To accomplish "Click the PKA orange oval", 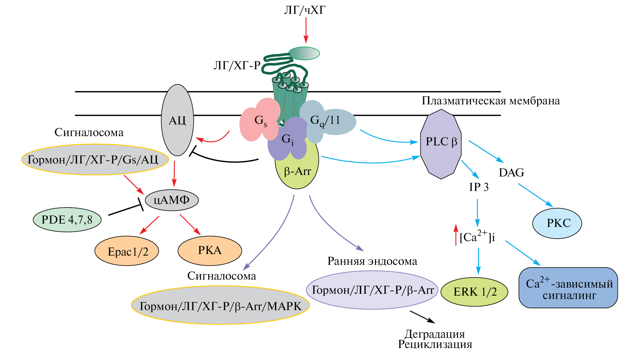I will click(x=210, y=250).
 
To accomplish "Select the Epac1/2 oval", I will click(x=127, y=251).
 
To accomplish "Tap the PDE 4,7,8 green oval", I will click(x=67, y=220).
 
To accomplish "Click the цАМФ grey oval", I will click(x=172, y=200).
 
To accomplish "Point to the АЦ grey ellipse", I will click(x=178, y=120).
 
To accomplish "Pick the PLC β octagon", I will click(x=441, y=144).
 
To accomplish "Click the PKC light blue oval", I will click(x=557, y=223).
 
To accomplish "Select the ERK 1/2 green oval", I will click(x=474, y=292).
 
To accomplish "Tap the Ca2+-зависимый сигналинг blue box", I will click(x=568, y=288).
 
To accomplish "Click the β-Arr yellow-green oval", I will click(x=297, y=172).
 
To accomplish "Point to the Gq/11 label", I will click(x=325, y=120).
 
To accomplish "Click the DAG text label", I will click(x=511, y=172).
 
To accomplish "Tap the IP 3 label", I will click(x=479, y=187).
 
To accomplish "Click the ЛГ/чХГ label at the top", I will click(x=304, y=10).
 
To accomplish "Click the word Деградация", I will click(x=435, y=334).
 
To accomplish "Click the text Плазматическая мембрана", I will click(x=491, y=101).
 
